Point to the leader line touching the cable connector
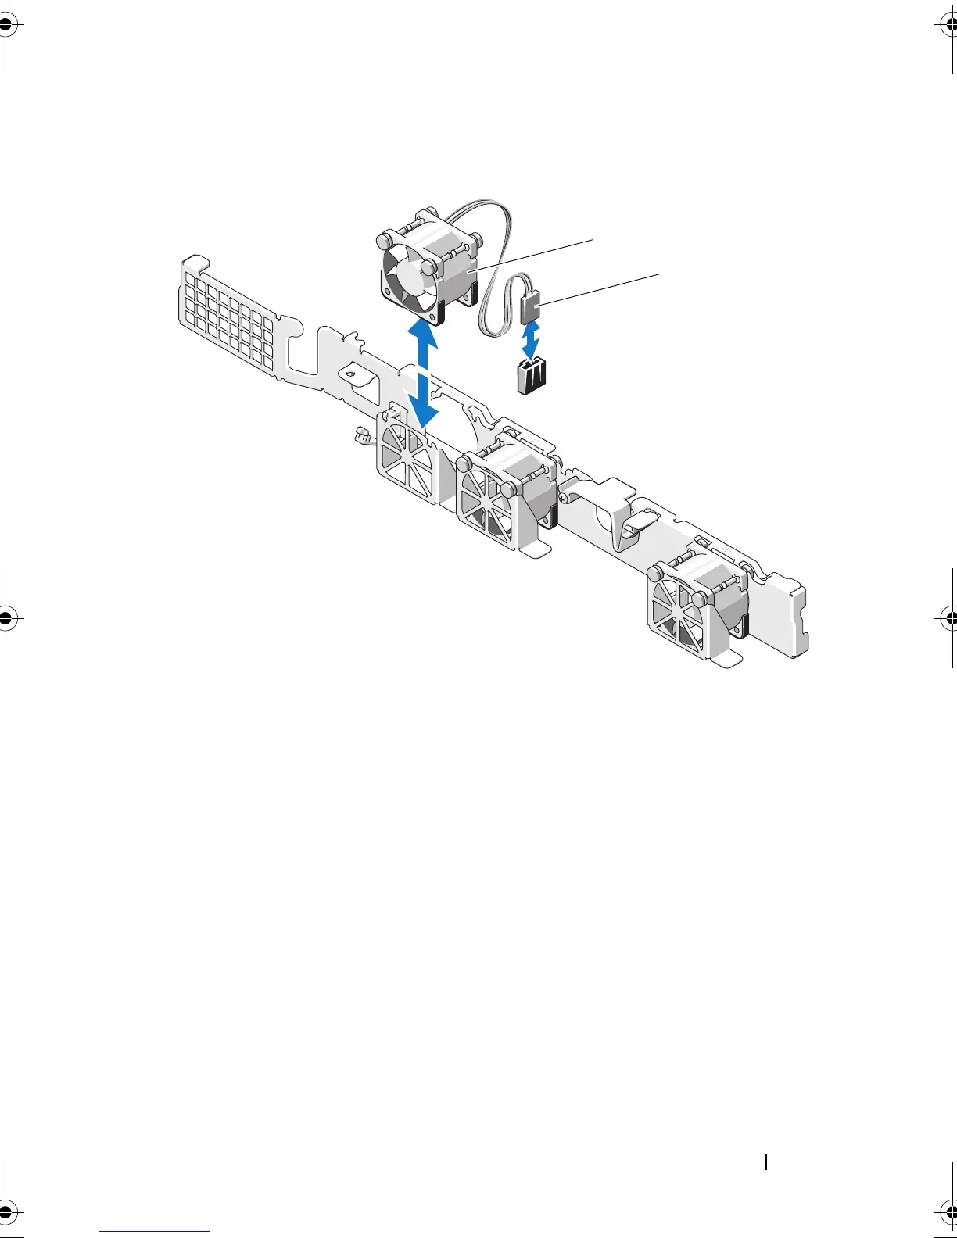pyautogui.click(x=598, y=290)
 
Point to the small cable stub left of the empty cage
pyautogui.click(x=364, y=436)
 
